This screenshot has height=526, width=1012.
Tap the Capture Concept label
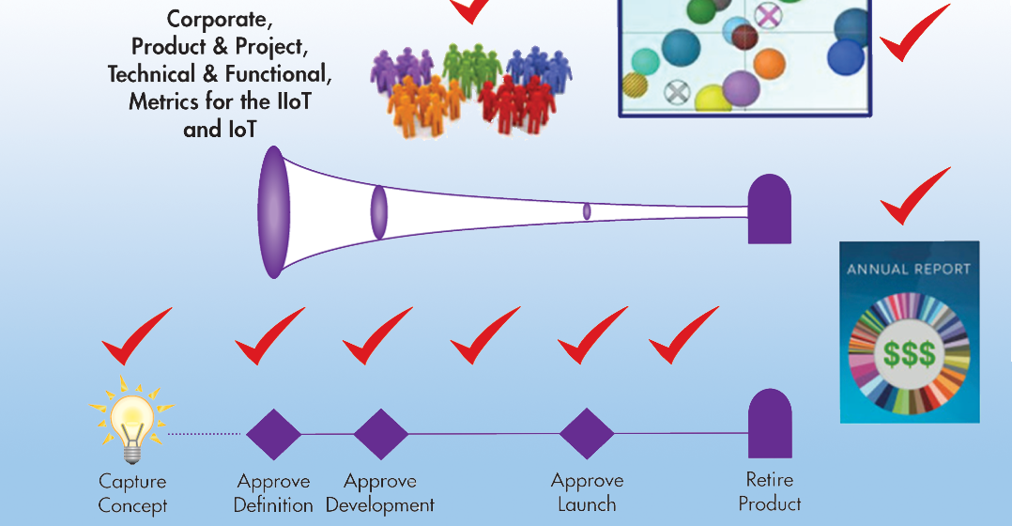pyautogui.click(x=132, y=492)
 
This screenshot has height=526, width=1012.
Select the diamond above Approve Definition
pyautogui.click(x=273, y=434)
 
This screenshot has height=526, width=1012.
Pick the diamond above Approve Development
pyautogui.click(x=381, y=434)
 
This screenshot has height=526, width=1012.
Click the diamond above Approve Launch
pyautogui.click(x=587, y=434)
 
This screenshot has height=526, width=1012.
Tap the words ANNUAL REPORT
pyautogui.click(x=909, y=269)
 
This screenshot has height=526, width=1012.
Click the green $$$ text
pyautogui.click(x=909, y=354)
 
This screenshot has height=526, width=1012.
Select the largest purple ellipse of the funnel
pyautogui.click(x=272, y=212)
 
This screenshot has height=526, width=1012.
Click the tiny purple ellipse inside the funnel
pyautogui.click(x=587, y=211)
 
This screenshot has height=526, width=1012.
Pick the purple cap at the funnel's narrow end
pyautogui.click(x=769, y=209)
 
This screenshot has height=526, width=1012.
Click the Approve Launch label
pyautogui.click(x=588, y=492)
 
